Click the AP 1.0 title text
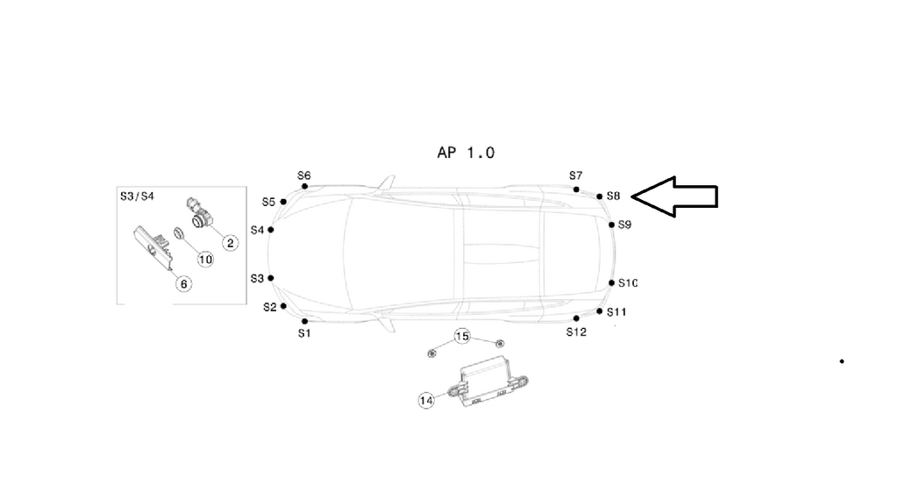[x=466, y=153]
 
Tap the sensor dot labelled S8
[x=599, y=196]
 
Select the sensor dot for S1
[x=304, y=321]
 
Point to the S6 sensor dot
[x=304, y=186]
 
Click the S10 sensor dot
[x=611, y=282]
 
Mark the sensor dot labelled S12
[x=576, y=318]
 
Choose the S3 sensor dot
[x=271, y=278]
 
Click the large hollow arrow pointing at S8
[x=675, y=197]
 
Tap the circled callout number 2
[x=229, y=243]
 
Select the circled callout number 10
[x=205, y=259]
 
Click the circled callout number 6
[x=183, y=282]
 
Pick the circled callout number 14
[x=426, y=401]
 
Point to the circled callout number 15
[x=462, y=336]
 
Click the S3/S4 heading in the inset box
[x=137, y=196]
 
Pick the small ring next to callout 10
[x=178, y=234]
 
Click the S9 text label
[x=624, y=225]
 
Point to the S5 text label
[x=268, y=202]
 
